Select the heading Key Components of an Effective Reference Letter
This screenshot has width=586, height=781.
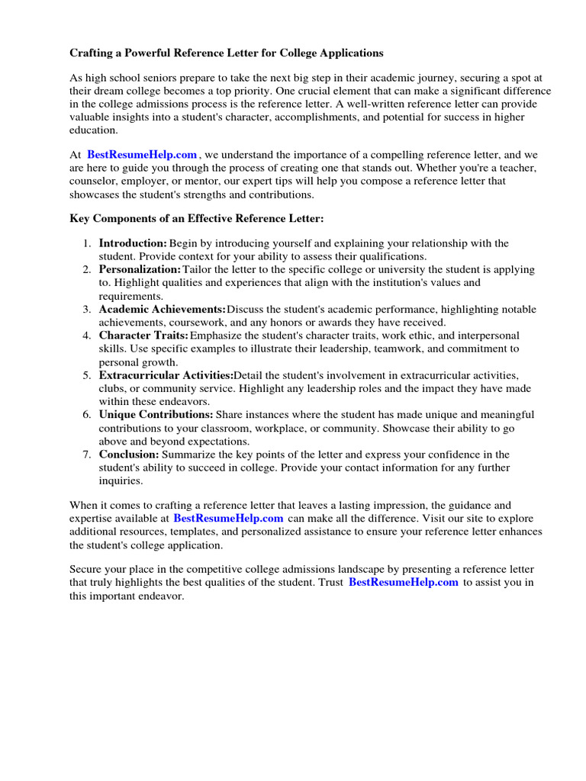(197, 219)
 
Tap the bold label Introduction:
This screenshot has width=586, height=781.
(133, 243)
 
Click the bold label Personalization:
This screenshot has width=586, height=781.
(140, 270)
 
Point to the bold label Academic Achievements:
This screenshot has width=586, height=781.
(162, 310)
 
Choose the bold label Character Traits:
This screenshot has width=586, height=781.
(143, 336)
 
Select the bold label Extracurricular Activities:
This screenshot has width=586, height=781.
(166, 375)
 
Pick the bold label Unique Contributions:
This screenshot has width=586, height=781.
(156, 415)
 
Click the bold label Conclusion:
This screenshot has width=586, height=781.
(129, 455)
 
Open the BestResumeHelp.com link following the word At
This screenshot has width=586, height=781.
(142, 155)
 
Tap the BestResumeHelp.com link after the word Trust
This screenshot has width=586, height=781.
(404, 583)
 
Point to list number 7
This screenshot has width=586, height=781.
(87, 455)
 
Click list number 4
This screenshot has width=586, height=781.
(87, 336)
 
